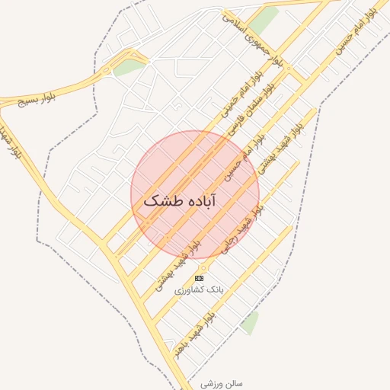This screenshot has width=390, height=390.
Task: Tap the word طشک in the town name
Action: [x=158, y=202]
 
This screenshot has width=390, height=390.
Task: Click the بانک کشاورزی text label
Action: [x=200, y=290]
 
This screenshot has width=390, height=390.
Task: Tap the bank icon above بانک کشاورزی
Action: [x=200, y=279]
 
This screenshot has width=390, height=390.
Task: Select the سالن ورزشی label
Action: [x=222, y=384]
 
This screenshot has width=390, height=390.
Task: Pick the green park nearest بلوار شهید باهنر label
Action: [x=249, y=322]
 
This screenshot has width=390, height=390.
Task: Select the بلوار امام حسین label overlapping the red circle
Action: [x=242, y=157]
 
